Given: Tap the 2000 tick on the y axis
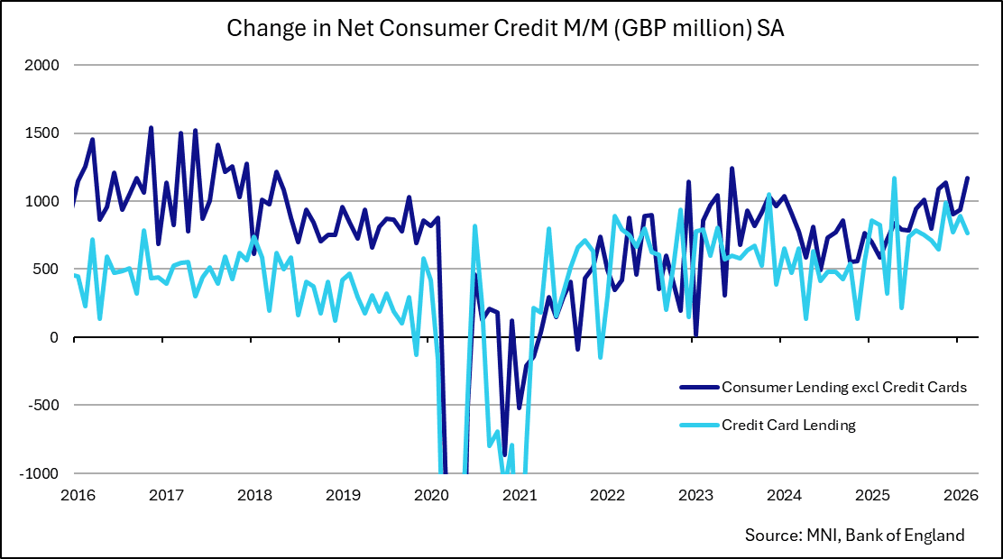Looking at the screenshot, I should click(41, 66).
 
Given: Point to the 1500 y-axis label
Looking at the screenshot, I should click(41, 133).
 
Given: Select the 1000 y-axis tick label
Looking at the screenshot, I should click(41, 202).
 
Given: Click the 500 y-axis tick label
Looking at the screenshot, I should click(47, 270).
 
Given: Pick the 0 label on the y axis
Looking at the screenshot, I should click(54, 337).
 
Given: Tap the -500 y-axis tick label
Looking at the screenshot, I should click(43, 406).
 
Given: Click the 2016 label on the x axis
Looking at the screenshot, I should click(74, 495).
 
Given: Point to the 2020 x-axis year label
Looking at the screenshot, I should click(431, 495).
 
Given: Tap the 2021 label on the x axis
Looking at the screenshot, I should click(520, 495).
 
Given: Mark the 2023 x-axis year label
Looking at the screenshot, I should click(696, 495).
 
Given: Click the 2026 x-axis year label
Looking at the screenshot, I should click(962, 495).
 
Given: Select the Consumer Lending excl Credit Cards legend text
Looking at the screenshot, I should click(844, 387).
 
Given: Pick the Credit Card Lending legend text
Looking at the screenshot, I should click(787, 425).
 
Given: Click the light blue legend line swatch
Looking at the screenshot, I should click(699, 425).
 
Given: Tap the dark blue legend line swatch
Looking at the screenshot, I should click(699, 387).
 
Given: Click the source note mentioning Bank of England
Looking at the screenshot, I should click(854, 535).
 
